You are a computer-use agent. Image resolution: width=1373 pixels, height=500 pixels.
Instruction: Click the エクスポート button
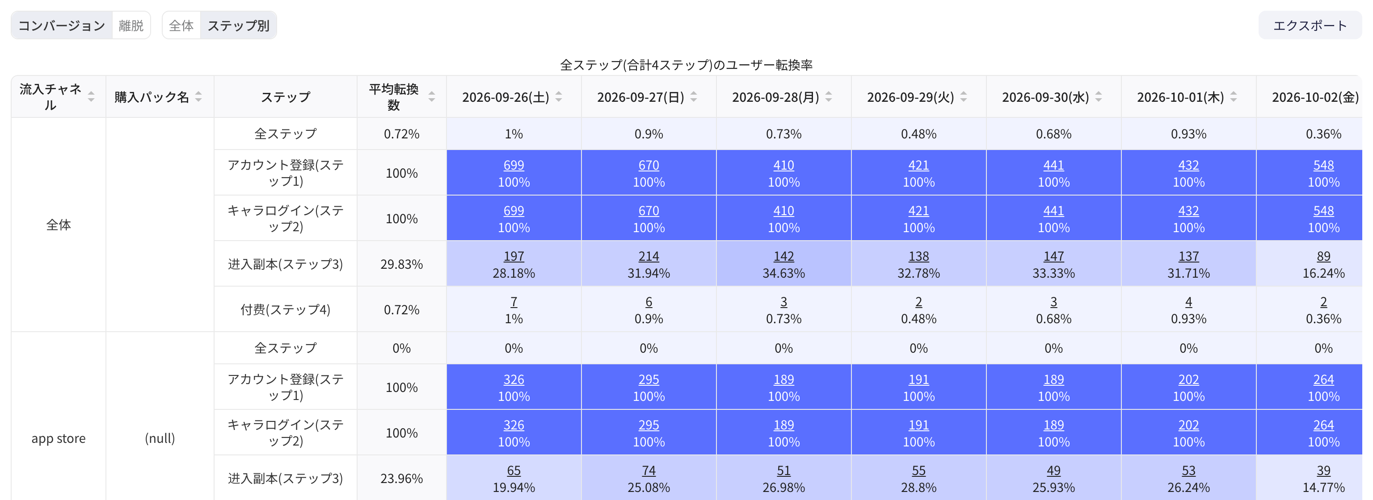click(1310, 25)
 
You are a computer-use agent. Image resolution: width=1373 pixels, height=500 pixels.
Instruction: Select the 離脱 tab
click(131, 25)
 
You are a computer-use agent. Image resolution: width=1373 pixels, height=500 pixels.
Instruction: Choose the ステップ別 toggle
click(238, 25)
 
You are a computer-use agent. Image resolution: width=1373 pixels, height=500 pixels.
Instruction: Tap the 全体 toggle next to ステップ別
click(181, 25)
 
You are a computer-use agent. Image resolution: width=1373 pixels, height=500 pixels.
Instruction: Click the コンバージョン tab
click(62, 25)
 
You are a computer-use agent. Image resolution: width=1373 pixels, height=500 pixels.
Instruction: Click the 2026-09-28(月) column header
click(775, 97)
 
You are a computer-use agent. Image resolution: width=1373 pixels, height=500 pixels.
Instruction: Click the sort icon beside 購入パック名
click(198, 97)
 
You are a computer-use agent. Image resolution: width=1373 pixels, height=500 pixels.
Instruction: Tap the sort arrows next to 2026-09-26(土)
click(559, 97)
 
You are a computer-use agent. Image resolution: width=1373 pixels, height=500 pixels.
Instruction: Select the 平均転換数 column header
click(394, 97)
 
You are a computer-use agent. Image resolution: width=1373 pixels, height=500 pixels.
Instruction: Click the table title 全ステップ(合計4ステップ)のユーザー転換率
click(686, 65)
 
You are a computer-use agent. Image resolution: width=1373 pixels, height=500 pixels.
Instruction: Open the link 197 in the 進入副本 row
click(514, 256)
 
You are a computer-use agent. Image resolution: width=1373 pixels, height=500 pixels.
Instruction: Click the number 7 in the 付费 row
click(514, 302)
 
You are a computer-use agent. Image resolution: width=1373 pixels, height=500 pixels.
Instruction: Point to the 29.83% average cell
click(401, 264)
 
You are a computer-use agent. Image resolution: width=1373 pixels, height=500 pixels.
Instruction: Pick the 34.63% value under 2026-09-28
click(783, 273)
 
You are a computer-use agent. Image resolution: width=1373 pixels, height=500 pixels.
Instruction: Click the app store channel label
click(59, 438)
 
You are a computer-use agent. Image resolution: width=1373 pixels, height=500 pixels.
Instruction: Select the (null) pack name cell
click(160, 438)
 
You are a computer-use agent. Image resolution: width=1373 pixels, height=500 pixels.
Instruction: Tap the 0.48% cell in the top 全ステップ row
click(918, 133)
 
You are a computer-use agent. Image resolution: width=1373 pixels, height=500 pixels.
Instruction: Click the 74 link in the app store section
click(649, 471)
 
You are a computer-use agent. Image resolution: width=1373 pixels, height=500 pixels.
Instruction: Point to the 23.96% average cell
click(401, 479)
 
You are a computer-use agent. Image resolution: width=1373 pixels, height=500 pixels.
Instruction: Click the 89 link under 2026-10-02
click(1323, 256)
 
